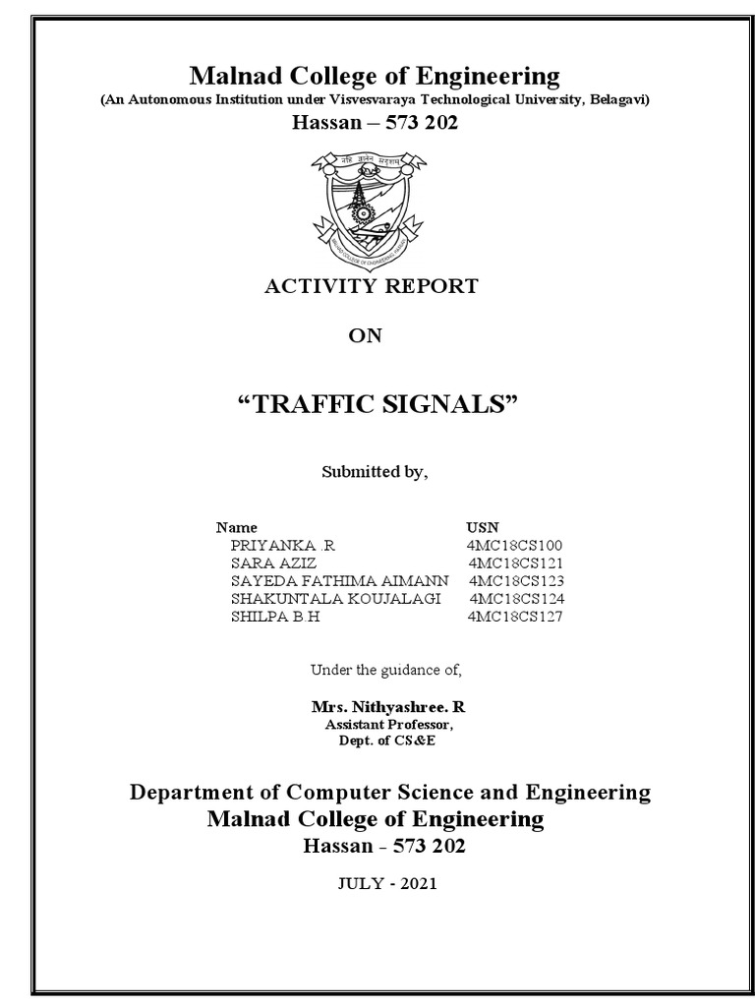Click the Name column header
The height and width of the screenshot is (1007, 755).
236,527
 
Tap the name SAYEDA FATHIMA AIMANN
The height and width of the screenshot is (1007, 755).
339,580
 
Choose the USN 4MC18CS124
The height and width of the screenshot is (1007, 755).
516,598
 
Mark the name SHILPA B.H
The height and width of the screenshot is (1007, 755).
275,617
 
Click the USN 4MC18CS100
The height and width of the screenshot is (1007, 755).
514,545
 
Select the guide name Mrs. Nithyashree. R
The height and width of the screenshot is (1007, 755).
380,708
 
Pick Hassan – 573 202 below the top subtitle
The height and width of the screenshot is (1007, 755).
376,123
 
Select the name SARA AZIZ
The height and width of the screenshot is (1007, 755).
273,563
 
